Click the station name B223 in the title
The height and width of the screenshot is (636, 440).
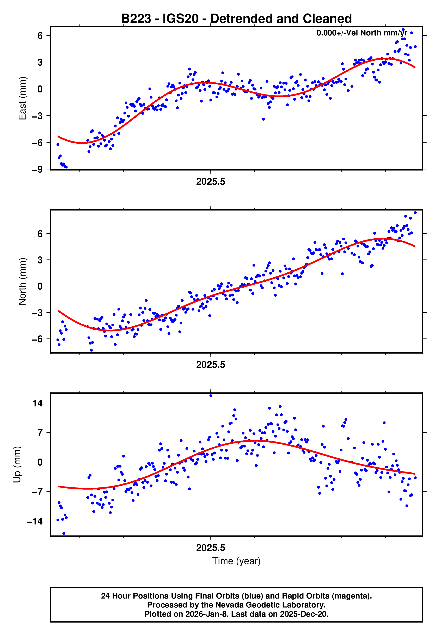coord(136,19)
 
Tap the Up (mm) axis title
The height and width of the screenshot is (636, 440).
coord(17,465)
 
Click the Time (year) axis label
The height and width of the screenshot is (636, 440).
coord(236,561)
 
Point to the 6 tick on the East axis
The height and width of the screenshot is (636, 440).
coord(40,36)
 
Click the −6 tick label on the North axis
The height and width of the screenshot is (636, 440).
coord(37,339)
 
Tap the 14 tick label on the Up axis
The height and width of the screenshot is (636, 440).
coord(38,403)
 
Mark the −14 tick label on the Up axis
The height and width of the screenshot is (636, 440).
coord(35,521)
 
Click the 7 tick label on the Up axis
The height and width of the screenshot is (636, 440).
coord(40,433)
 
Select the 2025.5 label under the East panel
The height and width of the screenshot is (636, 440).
coord(211,182)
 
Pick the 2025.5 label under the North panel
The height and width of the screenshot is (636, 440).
coord(211,365)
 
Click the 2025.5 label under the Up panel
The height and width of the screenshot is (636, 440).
coord(211,548)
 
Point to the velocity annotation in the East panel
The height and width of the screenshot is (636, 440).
coord(362,33)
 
